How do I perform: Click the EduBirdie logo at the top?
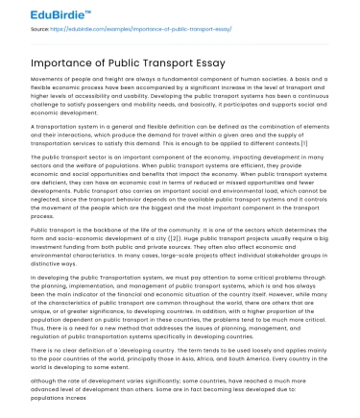tap(37, 14)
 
